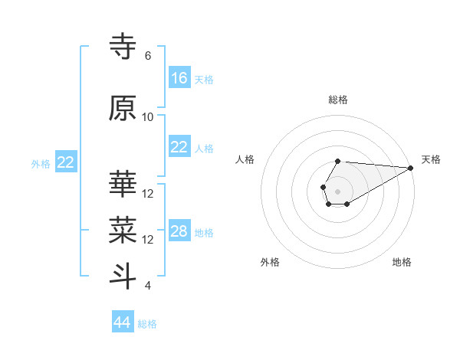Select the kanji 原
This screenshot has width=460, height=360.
[x=123, y=108]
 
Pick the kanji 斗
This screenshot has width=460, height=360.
[x=123, y=275]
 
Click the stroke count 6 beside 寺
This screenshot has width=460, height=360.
[x=148, y=56]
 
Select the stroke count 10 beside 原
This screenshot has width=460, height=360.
[x=148, y=117]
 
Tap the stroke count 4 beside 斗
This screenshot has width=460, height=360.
[x=148, y=286]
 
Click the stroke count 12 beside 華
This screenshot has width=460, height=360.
[x=148, y=194]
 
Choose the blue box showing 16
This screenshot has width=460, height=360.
[x=179, y=78]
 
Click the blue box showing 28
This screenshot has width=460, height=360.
[x=179, y=231]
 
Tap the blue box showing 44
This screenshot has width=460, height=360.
[x=123, y=322]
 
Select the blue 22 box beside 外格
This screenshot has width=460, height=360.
[x=66, y=162]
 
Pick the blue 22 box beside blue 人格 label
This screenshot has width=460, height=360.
[x=179, y=147]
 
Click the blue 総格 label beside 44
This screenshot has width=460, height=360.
[x=147, y=324]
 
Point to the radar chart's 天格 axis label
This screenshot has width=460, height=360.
[x=431, y=159]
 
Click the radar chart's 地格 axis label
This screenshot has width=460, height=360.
[x=402, y=263]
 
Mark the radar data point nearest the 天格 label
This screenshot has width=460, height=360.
[x=411, y=168]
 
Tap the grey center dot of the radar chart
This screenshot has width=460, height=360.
[x=337, y=190]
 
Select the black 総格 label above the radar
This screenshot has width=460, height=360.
[x=338, y=100]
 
